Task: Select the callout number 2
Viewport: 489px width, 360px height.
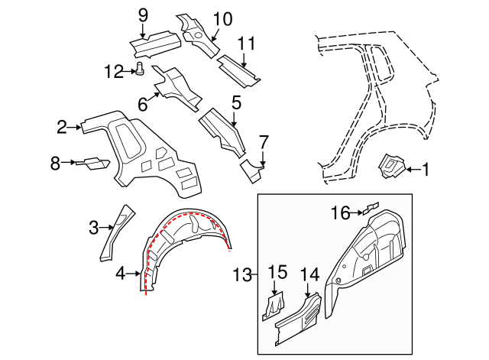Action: point(63,127)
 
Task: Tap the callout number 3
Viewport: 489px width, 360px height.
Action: point(94,227)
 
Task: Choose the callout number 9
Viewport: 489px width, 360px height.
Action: point(142,15)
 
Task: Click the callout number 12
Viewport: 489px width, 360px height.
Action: point(114,72)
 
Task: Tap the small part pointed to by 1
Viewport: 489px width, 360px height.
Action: point(392,167)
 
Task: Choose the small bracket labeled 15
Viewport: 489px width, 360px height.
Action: point(274,306)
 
